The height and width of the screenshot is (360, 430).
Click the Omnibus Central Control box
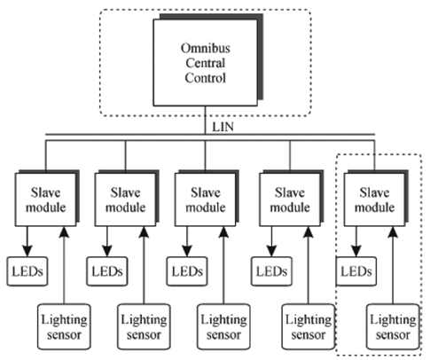pos(206,62)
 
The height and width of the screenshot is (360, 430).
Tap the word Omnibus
pos(206,48)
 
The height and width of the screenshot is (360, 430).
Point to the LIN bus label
pos(223,127)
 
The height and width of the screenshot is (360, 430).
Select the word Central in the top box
pos(206,63)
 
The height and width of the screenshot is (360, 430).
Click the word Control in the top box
pos(206,78)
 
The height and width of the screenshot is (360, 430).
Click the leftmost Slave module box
pos(46,200)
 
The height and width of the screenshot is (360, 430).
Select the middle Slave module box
pos(206,200)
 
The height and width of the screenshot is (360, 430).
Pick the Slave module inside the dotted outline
pos(374,200)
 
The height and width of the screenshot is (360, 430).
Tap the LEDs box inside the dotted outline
pos(356,271)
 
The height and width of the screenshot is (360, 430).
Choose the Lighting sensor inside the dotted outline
pos(393,327)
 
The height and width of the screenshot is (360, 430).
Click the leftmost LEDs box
pos(27,271)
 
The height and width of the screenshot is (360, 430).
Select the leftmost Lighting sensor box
pos(64,327)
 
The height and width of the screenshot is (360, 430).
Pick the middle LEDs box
pos(187,271)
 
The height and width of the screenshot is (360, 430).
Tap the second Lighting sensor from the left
pos(144,327)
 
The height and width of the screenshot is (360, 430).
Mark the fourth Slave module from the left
pos(290,200)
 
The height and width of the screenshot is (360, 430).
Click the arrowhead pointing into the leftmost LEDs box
pos(27,251)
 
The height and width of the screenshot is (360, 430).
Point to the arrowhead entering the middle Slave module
pos(223,232)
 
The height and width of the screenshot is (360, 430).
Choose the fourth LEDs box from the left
pos(271,271)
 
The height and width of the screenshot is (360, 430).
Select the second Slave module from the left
pos(126,200)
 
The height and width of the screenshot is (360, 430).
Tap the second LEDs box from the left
pos(107,271)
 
